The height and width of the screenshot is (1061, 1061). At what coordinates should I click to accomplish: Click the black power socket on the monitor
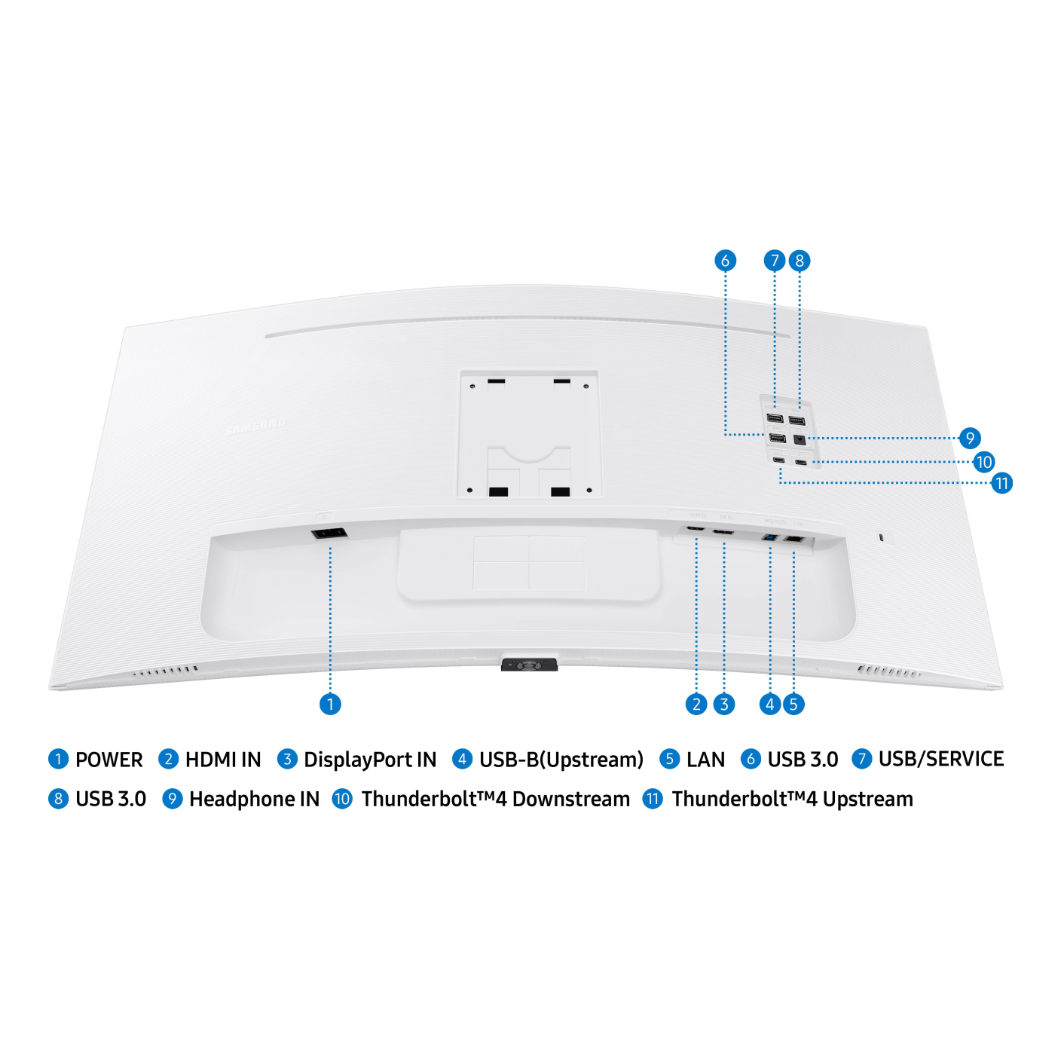point(329,534)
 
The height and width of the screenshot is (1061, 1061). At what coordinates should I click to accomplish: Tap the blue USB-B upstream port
point(769,538)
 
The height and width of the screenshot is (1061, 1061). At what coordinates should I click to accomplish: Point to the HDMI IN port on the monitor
point(696,530)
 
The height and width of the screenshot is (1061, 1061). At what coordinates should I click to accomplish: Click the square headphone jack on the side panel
point(800,439)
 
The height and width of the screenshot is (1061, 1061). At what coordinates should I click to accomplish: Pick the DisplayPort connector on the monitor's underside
point(723,533)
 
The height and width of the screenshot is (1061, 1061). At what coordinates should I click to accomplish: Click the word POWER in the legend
point(109,760)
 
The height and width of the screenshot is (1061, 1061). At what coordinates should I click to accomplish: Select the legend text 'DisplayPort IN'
point(370,760)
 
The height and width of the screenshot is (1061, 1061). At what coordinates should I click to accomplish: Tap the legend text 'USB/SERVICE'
point(941,759)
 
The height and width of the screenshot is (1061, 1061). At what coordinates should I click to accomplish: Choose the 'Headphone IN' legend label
point(254,799)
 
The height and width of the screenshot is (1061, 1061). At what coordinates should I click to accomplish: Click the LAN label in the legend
point(705,760)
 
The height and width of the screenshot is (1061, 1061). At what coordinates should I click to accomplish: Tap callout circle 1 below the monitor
point(330,704)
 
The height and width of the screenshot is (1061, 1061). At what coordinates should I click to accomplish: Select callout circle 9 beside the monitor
point(970,438)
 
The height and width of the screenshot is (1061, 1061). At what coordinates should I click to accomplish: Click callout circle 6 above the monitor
point(725,261)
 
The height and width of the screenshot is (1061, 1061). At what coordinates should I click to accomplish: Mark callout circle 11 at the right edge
point(1001,483)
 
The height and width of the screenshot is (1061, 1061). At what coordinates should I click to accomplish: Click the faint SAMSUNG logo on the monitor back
point(256,427)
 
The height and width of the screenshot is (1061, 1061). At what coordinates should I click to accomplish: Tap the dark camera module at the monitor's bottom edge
point(529,665)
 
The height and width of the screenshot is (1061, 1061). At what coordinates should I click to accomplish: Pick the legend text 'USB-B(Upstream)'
point(561,760)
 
